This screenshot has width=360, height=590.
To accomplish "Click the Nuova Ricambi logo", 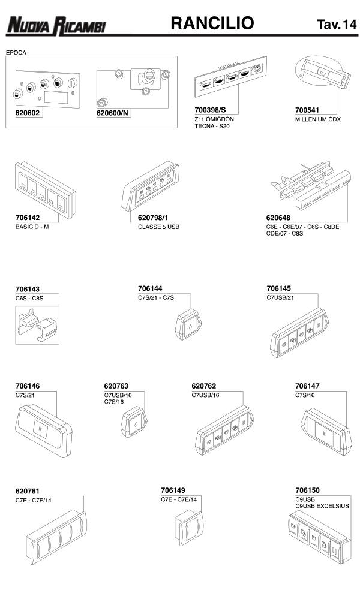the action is (x=56, y=26).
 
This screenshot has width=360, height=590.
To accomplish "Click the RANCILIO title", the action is (x=212, y=23).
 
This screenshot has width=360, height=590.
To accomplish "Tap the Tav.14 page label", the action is (x=337, y=24).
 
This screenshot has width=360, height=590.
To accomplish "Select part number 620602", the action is (x=28, y=113).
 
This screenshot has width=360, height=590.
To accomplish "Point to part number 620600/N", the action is (x=112, y=113).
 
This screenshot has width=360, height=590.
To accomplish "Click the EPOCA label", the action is (x=16, y=53).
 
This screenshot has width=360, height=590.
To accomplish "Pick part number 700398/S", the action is (x=210, y=110).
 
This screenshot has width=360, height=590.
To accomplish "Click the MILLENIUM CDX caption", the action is (x=318, y=119).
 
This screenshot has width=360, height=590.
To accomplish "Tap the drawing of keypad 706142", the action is (x=46, y=190).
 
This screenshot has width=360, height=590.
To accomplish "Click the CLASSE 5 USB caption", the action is (x=158, y=227).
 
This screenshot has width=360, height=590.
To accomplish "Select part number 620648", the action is (x=278, y=218).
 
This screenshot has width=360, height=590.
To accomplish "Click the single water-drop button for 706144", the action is (x=188, y=324).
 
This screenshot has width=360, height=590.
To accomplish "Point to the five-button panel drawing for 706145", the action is (x=299, y=333).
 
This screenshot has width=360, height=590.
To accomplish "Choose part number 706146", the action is (x=28, y=386).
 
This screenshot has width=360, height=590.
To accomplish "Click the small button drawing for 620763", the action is (x=134, y=422).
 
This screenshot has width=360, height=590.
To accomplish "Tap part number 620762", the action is (x=204, y=386).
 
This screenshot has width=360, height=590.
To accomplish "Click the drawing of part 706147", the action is (x=326, y=431).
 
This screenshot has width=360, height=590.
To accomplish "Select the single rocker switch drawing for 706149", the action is (x=189, y=528).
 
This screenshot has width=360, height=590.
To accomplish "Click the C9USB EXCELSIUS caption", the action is (x=322, y=506).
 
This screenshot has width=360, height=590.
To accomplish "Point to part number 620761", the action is (x=28, y=492).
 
